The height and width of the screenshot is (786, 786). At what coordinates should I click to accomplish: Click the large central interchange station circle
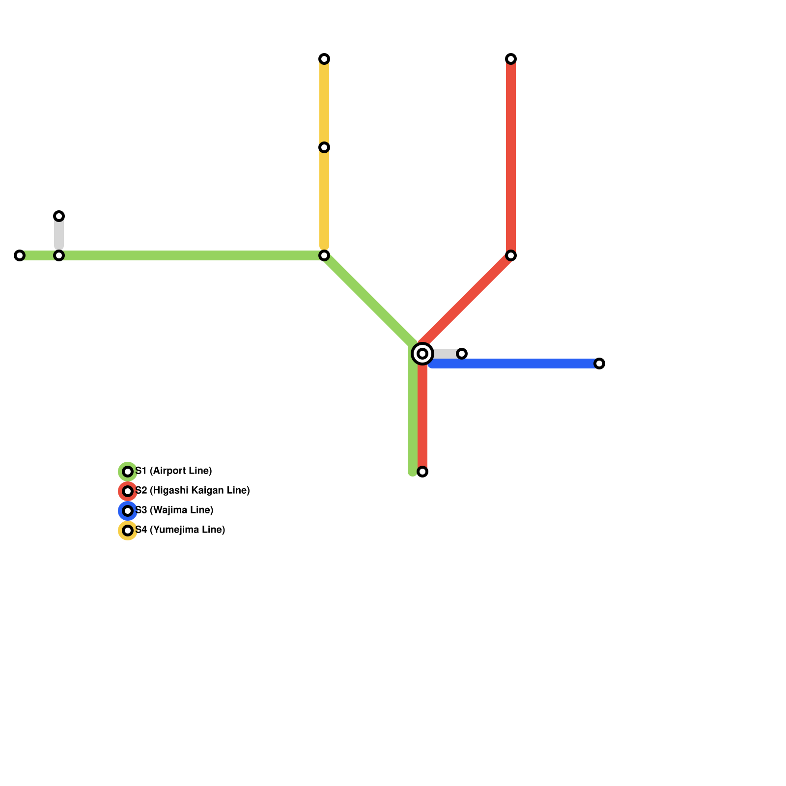tap(422, 354)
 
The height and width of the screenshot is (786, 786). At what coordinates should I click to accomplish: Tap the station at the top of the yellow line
tap(324, 59)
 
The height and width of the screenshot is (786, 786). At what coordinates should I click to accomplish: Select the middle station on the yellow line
tap(324, 147)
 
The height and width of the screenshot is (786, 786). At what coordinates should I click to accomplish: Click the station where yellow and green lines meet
tap(324, 255)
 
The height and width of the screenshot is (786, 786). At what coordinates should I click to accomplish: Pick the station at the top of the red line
tap(511, 59)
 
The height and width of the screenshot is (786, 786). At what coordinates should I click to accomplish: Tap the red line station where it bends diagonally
tap(511, 255)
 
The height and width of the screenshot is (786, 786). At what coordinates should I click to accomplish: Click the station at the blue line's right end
tap(599, 364)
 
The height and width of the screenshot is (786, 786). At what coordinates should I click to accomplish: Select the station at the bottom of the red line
tap(422, 472)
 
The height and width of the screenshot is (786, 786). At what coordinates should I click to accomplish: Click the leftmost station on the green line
tap(20, 255)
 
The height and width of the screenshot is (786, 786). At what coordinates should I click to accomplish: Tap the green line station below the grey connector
tap(59, 255)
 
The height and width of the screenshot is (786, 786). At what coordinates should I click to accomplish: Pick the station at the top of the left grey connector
tap(59, 216)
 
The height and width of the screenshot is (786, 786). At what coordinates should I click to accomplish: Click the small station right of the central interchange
tap(462, 354)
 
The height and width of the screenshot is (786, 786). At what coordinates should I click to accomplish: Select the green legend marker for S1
tap(128, 472)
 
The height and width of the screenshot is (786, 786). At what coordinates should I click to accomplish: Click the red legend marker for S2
tap(128, 491)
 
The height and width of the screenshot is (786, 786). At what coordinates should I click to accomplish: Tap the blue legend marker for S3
tap(128, 511)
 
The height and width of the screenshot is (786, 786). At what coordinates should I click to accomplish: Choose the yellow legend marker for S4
tap(128, 531)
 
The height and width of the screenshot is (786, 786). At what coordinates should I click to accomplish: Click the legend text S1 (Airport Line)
tap(173, 471)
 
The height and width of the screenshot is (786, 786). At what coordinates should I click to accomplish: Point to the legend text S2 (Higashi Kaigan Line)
tap(193, 491)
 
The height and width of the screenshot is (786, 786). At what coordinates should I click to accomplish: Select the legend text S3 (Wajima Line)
tap(174, 510)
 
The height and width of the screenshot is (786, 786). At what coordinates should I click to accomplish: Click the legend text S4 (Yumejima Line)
tap(180, 530)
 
